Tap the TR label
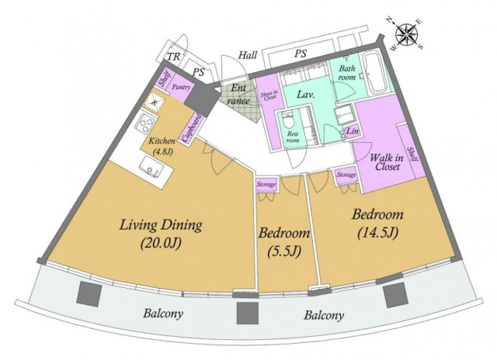175,57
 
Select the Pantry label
182,88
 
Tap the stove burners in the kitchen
144,124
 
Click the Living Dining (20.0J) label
161,233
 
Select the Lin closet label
353,132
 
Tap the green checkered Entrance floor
234,97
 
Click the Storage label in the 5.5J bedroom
267,185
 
